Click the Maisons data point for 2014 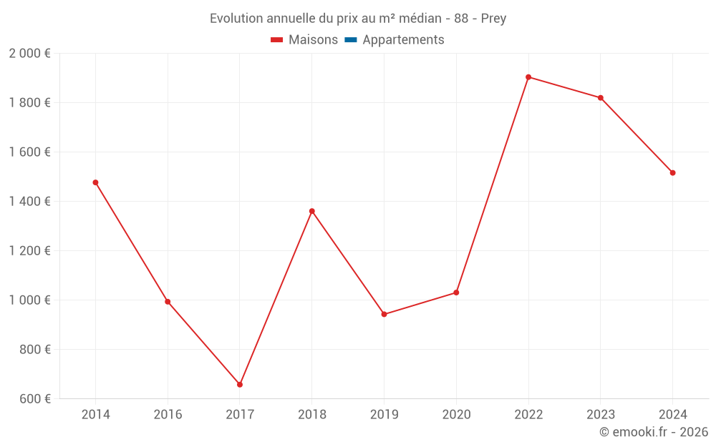(x=95, y=182)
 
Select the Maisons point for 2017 (x=240, y=385)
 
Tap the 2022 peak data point (x=528, y=77)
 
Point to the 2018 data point (x=312, y=211)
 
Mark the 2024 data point (x=673, y=172)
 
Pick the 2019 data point (x=384, y=314)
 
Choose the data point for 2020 (x=456, y=293)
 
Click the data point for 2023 (x=601, y=98)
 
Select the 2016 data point (x=168, y=302)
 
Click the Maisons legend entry (x=304, y=40)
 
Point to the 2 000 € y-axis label (x=29, y=54)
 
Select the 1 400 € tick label (x=29, y=202)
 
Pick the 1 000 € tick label (x=29, y=300)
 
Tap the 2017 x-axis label (x=240, y=415)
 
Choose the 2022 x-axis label (x=528, y=415)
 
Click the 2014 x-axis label (x=95, y=415)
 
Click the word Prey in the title (x=493, y=19)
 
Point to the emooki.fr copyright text (x=654, y=432)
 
